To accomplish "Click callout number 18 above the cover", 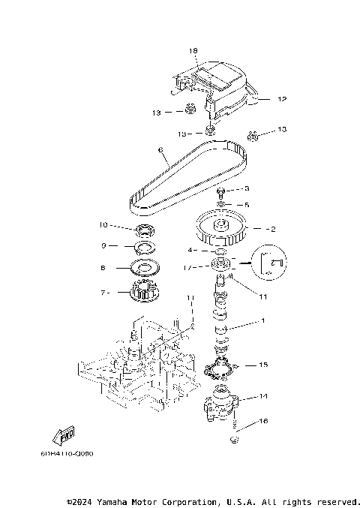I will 193,51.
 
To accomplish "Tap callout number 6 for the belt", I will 160,150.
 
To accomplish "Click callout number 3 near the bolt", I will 246,188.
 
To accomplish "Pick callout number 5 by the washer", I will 246,203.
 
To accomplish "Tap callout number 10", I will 103,224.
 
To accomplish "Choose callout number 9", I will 103,245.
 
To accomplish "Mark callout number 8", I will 103,266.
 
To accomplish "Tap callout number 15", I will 263,365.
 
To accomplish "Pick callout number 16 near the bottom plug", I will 263,422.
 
